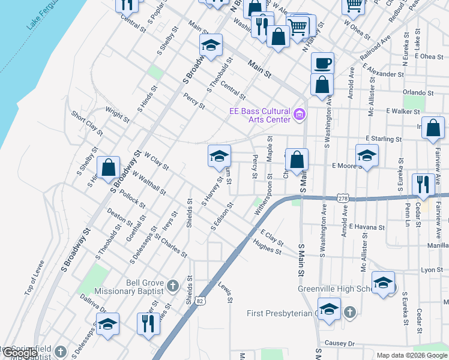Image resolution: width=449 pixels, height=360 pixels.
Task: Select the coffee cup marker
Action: (322, 64)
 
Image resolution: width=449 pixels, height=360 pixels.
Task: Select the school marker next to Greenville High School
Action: (383, 283)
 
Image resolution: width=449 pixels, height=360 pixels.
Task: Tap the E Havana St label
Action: (369, 227)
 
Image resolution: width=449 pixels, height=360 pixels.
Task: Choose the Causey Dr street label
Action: (340, 343)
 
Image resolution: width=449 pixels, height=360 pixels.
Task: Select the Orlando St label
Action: (418, 92)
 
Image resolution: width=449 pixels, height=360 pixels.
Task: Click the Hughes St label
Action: (267, 247)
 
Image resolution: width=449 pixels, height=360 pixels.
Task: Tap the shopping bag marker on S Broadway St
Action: (108, 169)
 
